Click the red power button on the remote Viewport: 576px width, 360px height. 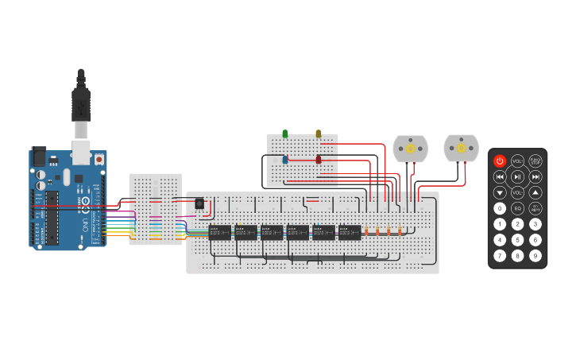pos(500,161)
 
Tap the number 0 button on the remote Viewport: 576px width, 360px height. pos(500,208)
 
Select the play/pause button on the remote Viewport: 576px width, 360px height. pos(517,176)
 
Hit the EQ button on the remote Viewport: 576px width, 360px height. pos(517,208)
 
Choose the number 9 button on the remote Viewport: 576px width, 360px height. pos(535,255)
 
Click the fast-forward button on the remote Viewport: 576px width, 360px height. pos(535,176)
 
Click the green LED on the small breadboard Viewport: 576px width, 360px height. pos(285,134)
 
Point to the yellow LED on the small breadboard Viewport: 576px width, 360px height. pos(319,134)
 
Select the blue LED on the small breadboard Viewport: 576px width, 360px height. pos(285,160)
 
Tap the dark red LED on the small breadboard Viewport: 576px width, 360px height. pos(319,160)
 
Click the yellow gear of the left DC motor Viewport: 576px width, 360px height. pos(411,149)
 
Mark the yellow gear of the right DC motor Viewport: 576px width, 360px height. pos(461,148)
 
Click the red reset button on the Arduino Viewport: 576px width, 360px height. pos(99,159)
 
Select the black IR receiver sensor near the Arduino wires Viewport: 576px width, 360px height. pos(199,204)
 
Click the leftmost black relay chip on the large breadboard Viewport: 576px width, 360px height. pos(219,232)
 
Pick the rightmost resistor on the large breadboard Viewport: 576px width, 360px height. pos(400,232)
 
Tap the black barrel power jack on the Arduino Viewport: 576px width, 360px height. pos(38,157)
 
